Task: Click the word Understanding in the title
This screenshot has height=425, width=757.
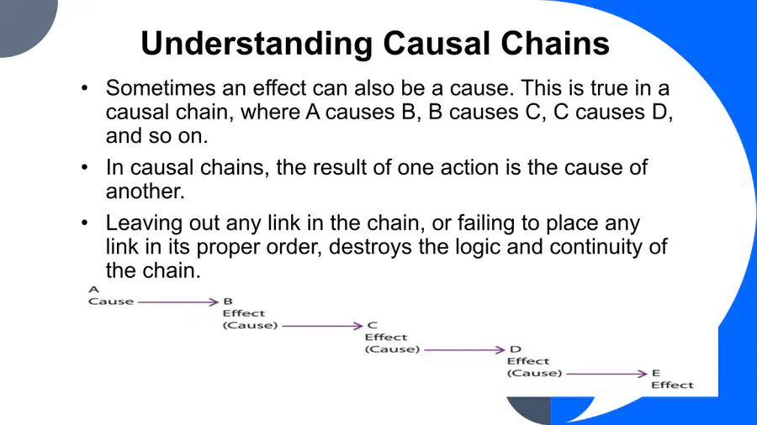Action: click(x=257, y=45)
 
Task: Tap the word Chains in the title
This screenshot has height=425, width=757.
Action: click(x=555, y=44)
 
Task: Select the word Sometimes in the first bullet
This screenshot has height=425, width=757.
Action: click(x=161, y=88)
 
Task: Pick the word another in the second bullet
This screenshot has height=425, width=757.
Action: click(x=146, y=192)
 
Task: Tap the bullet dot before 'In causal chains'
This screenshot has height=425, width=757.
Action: click(x=85, y=167)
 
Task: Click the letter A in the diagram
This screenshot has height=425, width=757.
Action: click(x=93, y=289)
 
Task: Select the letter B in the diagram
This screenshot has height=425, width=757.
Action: click(x=228, y=302)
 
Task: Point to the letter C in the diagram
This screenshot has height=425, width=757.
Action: click(x=373, y=325)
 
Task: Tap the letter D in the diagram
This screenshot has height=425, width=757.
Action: click(x=515, y=349)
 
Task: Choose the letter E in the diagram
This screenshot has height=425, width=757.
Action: click(x=655, y=373)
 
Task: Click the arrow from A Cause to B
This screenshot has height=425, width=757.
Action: click(x=178, y=302)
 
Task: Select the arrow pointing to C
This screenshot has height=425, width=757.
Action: click(x=322, y=326)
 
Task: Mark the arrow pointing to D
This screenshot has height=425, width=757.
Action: click(x=464, y=350)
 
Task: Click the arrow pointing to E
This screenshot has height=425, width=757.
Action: click(x=606, y=374)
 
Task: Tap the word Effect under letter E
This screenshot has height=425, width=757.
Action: click(x=672, y=385)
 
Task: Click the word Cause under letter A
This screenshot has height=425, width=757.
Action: click(x=111, y=302)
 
